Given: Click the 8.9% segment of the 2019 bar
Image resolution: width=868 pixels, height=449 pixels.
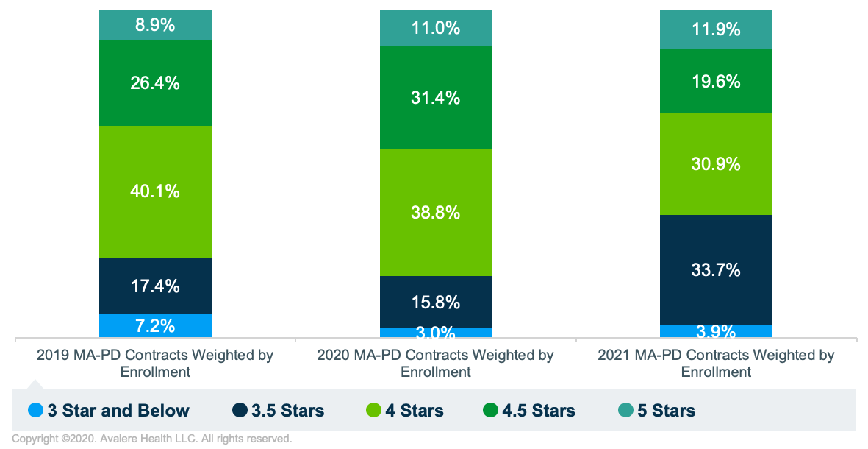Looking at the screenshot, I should [155, 25].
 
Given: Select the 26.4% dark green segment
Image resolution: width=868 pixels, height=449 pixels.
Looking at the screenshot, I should [155, 82].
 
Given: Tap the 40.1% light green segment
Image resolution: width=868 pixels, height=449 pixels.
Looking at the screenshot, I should [155, 191].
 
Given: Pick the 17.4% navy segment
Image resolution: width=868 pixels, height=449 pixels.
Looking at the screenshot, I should [155, 286].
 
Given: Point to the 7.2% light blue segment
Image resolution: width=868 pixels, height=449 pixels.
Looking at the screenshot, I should [155, 325].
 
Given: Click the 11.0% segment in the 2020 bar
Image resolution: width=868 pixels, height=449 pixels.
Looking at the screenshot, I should [436, 29].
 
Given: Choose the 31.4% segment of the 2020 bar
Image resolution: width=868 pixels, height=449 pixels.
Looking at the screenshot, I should [436, 98].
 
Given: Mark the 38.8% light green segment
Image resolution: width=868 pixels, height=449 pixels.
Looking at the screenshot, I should [436, 213].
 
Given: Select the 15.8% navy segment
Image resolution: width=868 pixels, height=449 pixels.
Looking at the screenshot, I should [436, 302].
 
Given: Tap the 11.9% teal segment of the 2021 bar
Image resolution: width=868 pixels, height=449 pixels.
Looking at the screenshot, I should [717, 30].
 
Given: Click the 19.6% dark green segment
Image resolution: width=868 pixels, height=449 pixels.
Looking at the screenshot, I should [717, 81].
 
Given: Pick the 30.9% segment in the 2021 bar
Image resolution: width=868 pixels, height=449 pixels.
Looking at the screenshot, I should [717, 164].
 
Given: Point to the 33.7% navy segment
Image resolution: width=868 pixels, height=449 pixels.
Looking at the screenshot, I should [717, 270].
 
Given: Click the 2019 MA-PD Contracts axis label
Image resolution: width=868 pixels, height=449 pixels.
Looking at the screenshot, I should [155, 363].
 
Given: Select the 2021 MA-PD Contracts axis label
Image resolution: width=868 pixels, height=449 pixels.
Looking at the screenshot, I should [717, 363].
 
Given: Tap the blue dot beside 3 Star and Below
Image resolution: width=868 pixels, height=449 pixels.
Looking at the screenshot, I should [35, 411].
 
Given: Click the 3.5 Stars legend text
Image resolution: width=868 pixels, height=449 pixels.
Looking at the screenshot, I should [288, 411].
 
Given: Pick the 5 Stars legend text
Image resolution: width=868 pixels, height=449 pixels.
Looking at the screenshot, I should [666, 411].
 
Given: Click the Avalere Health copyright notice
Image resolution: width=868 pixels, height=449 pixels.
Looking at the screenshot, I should [152, 439].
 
